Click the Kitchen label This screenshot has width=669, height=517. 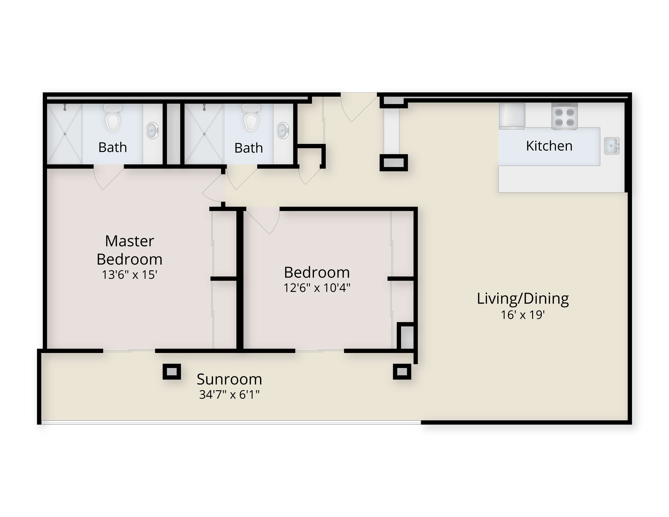click(549, 146)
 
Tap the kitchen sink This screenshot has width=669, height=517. click(612, 146)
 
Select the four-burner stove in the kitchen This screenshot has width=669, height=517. click(564, 116)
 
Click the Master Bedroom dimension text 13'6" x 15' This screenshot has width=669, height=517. click(130, 275)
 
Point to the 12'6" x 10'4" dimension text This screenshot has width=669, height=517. click(317, 288)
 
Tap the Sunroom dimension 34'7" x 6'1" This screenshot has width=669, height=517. click(229, 395)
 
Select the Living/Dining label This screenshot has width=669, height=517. click(523, 299)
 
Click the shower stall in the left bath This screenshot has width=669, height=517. click(65, 134)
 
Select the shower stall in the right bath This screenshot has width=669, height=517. click(204, 134)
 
